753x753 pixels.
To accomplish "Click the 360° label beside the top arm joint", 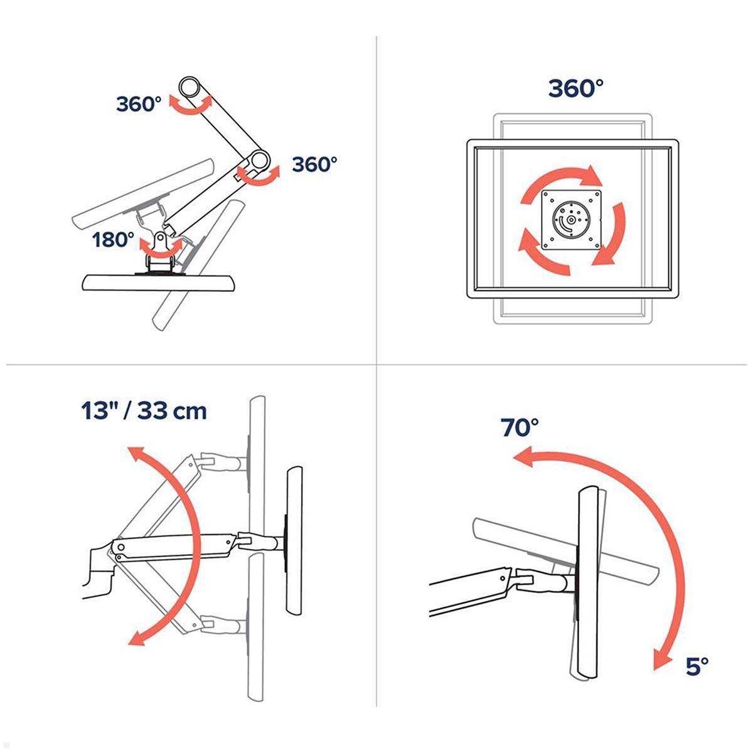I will (x=139, y=104).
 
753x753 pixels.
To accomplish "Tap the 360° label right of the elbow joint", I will (x=315, y=164).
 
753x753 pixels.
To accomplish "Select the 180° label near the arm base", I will (x=113, y=239).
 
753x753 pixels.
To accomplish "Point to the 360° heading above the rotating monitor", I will (x=576, y=88).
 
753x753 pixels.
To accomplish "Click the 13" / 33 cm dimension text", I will (x=144, y=411).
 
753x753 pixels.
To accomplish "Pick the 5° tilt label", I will (x=697, y=666).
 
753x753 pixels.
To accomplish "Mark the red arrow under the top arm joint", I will (x=191, y=107).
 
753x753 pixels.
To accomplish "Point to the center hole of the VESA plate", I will (x=570, y=221).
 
